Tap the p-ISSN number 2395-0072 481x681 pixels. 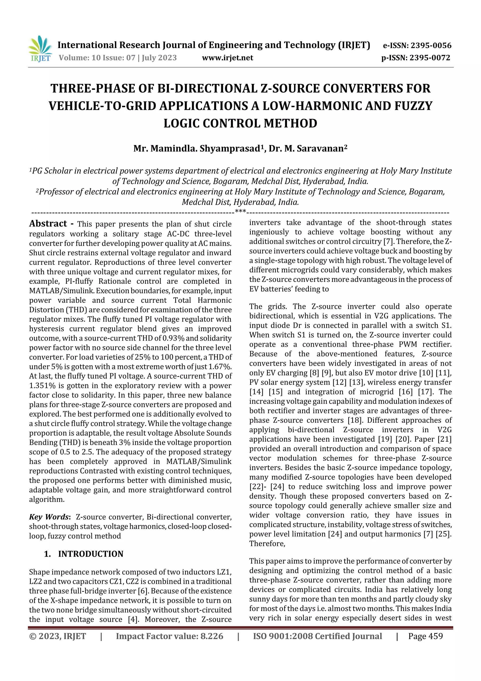click(x=430, y=58)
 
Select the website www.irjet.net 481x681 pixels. click(x=227, y=58)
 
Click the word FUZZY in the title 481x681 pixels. click(x=413, y=106)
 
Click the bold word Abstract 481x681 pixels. click(x=48, y=223)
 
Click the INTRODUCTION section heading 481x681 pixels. click(x=90, y=554)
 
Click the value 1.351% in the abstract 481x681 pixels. click(x=41, y=386)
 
